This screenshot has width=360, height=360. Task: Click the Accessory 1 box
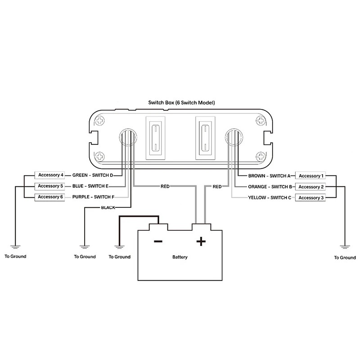(309, 176)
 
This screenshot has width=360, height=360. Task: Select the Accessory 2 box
(309, 187)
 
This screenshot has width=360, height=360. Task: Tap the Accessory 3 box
(309, 198)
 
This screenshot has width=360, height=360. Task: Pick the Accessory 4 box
(50, 175)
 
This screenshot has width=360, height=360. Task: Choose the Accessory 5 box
(50, 186)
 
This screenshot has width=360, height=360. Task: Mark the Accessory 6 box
(50, 197)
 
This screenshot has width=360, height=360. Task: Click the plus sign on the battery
(201, 242)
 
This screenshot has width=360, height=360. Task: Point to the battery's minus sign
(158, 242)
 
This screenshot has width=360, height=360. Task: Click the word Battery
(180, 257)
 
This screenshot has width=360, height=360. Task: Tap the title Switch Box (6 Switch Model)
(181, 103)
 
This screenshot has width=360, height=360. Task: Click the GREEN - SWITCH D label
(92, 175)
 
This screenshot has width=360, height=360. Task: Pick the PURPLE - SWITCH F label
(92, 197)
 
